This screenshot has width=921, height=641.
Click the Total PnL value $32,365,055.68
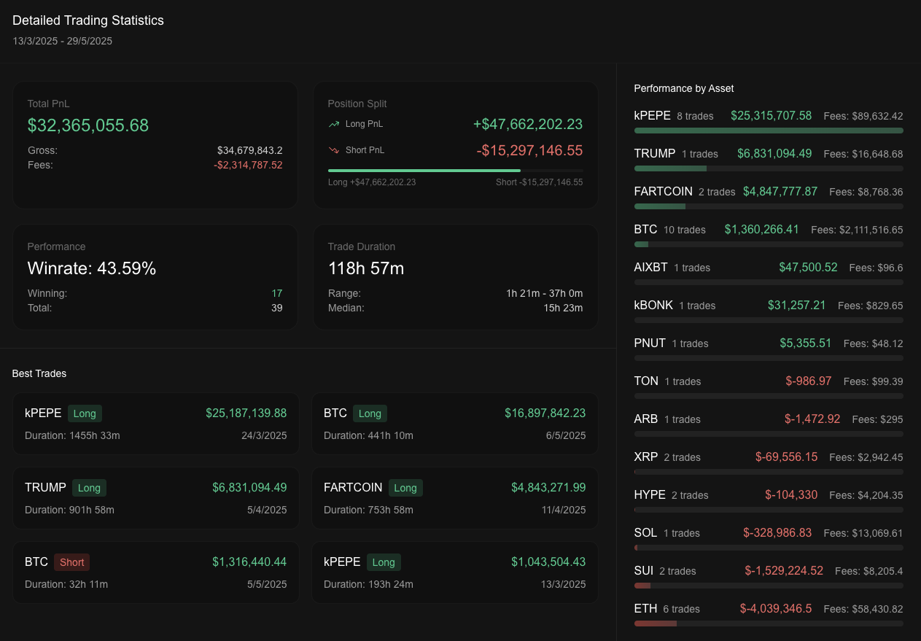tap(88, 125)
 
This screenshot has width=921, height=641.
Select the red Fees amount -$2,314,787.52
tap(248, 165)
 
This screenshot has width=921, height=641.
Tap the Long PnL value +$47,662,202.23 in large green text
tap(528, 125)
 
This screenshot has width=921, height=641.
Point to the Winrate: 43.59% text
tap(92, 268)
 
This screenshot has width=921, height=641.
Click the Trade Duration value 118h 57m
tap(366, 268)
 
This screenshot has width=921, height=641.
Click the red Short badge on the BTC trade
tap(72, 562)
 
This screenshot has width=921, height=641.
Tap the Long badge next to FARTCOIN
tap(405, 488)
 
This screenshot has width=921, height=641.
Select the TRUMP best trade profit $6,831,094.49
tap(249, 487)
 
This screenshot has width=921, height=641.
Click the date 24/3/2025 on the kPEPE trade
tap(263, 435)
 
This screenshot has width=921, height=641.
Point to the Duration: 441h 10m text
tap(368, 435)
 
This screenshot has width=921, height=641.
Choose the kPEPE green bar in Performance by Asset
tap(769, 131)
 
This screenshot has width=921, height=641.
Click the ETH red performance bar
tap(656, 623)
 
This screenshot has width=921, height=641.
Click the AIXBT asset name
tap(650, 268)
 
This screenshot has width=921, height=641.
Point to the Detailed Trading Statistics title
tap(88, 20)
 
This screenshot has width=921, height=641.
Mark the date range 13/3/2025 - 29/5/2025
tap(63, 41)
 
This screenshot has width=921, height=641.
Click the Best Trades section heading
tap(39, 373)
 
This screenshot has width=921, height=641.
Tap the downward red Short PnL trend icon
tap(334, 150)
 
